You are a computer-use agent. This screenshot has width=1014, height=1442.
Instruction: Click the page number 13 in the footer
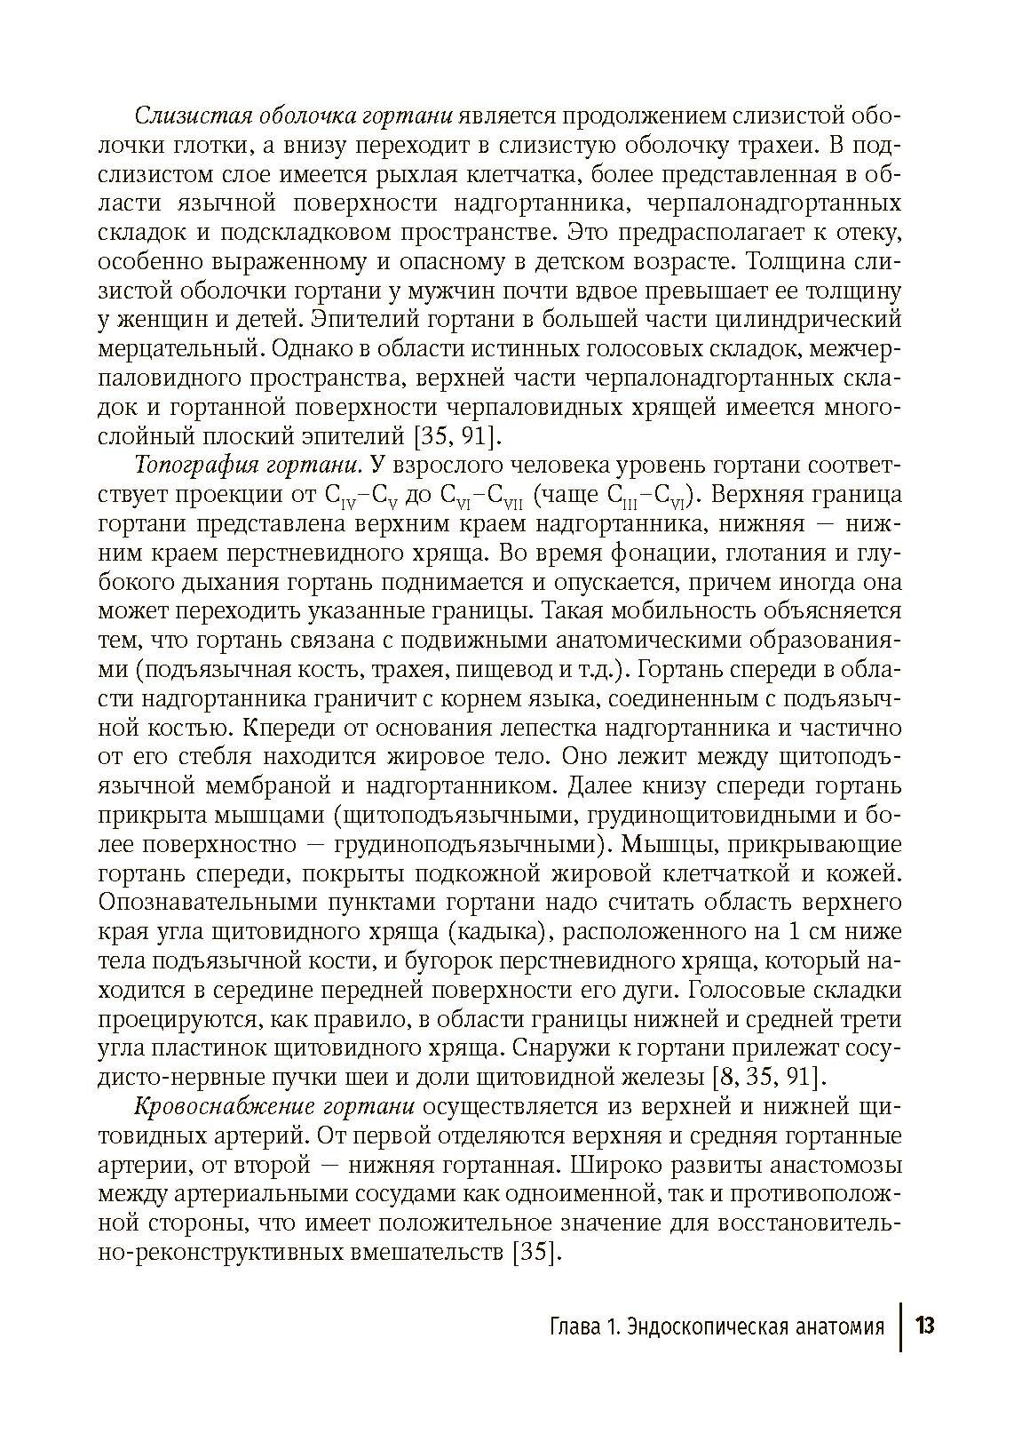924,1326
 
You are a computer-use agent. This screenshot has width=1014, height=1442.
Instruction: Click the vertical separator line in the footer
901,1326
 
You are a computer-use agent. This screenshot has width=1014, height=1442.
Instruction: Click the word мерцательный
178,347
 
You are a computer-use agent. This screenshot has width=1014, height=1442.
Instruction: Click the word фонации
661,552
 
